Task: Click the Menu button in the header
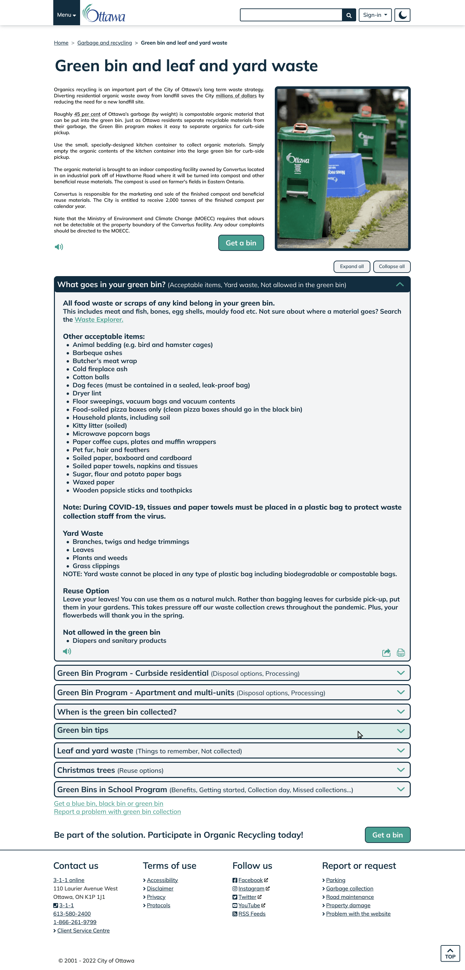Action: click(x=67, y=15)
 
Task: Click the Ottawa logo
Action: click(x=104, y=14)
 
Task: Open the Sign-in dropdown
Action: click(x=375, y=15)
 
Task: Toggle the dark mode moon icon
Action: click(x=402, y=15)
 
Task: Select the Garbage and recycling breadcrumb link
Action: click(x=105, y=43)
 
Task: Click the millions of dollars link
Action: click(x=236, y=96)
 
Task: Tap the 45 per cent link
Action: click(x=87, y=114)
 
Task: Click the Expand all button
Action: click(x=351, y=266)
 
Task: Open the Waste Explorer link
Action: click(x=98, y=319)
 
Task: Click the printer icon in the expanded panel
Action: click(x=401, y=652)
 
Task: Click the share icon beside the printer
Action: click(x=386, y=652)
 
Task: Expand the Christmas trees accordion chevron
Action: click(x=401, y=770)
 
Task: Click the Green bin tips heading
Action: click(x=83, y=730)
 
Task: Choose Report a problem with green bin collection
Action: click(x=117, y=812)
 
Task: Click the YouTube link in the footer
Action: click(x=249, y=905)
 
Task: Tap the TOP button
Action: click(x=450, y=954)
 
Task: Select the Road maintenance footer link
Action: click(x=349, y=897)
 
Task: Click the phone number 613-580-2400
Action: click(x=72, y=914)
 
